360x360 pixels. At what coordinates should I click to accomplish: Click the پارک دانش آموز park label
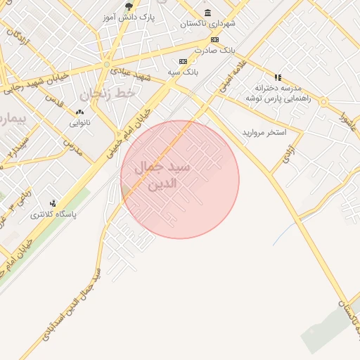[x=128, y=15]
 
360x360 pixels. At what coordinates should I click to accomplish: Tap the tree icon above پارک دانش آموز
[x=128, y=6]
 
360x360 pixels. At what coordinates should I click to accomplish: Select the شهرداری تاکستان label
[x=208, y=23]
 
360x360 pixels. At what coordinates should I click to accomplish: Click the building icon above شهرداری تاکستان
[x=207, y=13]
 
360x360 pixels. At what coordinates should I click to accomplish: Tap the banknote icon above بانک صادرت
[x=214, y=39]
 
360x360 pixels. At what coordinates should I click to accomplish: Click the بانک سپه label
[x=184, y=72]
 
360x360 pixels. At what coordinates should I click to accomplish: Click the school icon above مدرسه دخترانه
[x=278, y=77]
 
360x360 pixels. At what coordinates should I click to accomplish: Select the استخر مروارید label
[x=264, y=132]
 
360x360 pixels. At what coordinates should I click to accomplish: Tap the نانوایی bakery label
[x=79, y=122]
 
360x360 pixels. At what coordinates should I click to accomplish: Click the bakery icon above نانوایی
[x=79, y=112]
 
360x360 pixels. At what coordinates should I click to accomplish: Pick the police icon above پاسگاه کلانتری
[x=53, y=203]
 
